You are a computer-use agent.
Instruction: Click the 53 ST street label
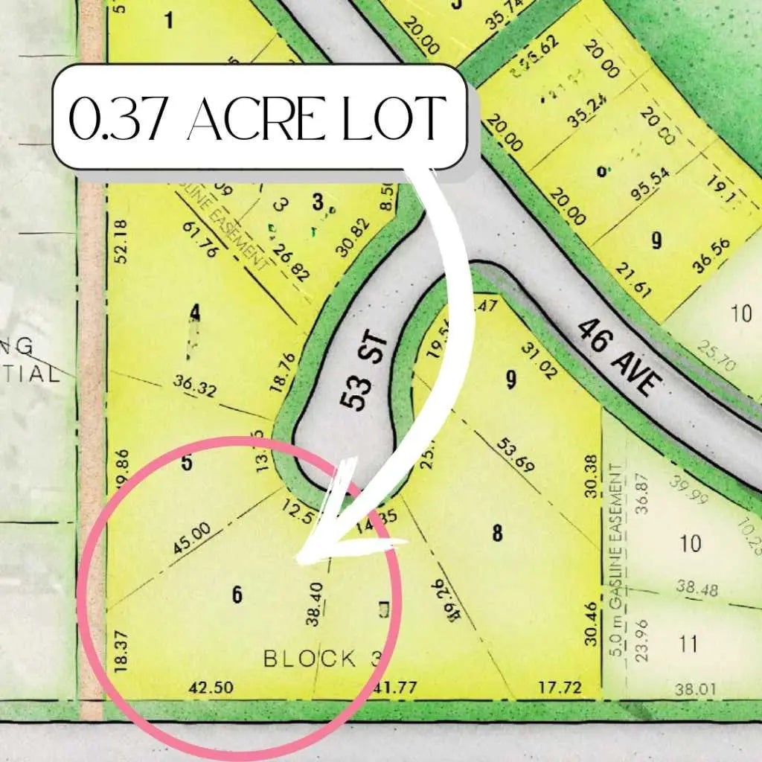[x=360, y=374]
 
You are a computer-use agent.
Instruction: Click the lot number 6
[x=237, y=594]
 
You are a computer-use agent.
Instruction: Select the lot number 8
[x=497, y=533]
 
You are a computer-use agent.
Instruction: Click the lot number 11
[x=689, y=643]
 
